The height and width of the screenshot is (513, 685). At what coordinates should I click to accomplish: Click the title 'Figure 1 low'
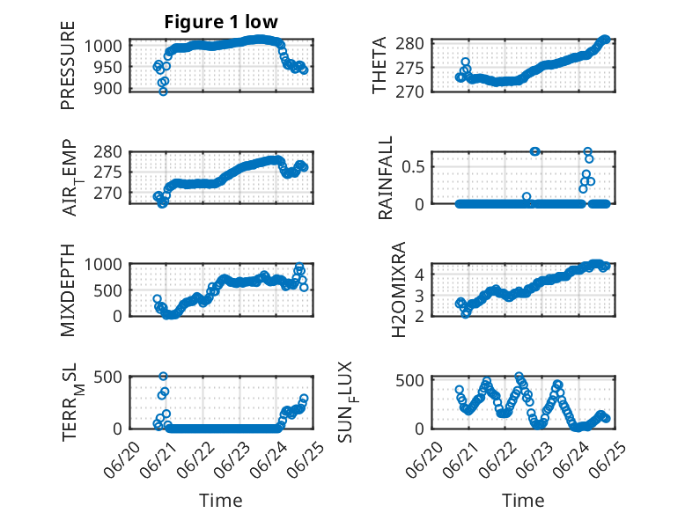(x=221, y=22)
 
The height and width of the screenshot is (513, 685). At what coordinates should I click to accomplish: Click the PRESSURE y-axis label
(x=68, y=65)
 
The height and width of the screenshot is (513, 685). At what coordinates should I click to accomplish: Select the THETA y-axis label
(x=379, y=65)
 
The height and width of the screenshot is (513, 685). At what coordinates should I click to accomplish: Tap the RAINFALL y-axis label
(x=385, y=178)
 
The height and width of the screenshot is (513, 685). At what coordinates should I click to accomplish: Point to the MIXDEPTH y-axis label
(x=68, y=290)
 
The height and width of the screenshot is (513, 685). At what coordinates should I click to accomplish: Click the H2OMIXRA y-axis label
(x=399, y=289)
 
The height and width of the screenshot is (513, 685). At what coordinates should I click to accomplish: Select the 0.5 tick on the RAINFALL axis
(x=413, y=167)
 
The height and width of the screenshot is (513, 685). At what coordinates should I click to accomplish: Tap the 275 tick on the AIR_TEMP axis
(x=107, y=172)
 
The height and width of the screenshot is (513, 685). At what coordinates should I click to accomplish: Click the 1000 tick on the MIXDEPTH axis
(x=103, y=265)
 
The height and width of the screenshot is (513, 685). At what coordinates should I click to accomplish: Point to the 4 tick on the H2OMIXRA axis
(x=419, y=275)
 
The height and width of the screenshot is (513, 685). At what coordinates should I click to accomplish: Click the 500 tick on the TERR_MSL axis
(x=107, y=377)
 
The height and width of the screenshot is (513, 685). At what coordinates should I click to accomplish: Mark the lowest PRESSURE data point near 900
(x=163, y=92)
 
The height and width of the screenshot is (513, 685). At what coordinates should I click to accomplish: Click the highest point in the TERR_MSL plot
(x=163, y=377)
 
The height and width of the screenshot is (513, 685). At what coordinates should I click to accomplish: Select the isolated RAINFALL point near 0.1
(x=527, y=196)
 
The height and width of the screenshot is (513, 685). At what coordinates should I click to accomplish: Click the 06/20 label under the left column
(x=122, y=459)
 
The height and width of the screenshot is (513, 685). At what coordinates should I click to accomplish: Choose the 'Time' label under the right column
(x=523, y=501)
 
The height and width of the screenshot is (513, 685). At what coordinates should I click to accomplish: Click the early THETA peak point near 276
(x=466, y=62)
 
